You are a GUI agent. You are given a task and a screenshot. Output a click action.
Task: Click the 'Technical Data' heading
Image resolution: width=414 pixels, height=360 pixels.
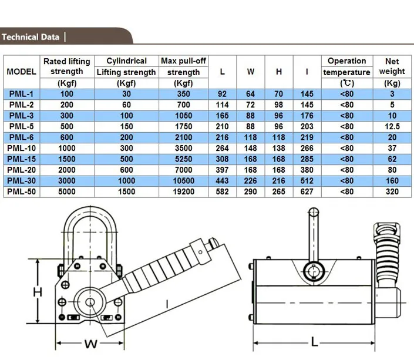[31, 37]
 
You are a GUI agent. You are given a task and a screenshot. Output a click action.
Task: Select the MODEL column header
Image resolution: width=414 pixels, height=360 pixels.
[21, 72]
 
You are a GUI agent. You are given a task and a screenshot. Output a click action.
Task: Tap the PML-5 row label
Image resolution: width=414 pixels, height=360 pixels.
[21, 126]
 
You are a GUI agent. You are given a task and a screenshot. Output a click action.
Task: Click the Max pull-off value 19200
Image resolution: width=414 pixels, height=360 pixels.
[183, 191]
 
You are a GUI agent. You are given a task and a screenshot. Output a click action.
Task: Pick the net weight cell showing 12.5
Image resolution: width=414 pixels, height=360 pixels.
[392, 126]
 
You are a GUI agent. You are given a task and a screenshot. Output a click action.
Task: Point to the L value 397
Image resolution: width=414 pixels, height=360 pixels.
[222, 170]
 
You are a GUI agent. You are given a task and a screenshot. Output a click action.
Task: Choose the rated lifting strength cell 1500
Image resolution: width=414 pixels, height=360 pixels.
[67, 159]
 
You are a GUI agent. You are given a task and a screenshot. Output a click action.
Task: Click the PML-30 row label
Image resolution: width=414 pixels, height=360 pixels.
[21, 181]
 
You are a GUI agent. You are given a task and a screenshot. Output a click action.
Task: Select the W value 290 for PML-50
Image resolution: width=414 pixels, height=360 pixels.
[250, 191]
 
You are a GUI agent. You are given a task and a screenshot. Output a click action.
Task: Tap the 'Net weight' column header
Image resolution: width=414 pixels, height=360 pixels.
[392, 66]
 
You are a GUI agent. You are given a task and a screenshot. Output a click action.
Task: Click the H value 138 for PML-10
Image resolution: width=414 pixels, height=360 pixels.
[278, 148]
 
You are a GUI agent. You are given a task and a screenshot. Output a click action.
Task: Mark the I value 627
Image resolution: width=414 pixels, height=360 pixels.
[307, 191]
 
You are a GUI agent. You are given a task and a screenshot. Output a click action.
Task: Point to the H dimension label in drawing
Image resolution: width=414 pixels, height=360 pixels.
[38, 292]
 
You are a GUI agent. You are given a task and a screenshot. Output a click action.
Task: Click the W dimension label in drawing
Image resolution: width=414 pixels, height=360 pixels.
[91, 344]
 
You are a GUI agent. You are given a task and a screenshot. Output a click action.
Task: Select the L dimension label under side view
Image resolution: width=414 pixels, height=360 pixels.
[314, 342]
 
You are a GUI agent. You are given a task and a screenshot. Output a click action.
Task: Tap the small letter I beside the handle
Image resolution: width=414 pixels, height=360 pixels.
[167, 304]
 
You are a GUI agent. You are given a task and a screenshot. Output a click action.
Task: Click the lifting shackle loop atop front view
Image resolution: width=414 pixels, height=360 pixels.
[90, 215]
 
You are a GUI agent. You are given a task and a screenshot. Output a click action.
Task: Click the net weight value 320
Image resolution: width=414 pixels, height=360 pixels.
[392, 191]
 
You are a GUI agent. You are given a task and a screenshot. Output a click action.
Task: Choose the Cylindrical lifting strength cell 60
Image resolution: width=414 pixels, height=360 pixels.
[126, 105]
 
